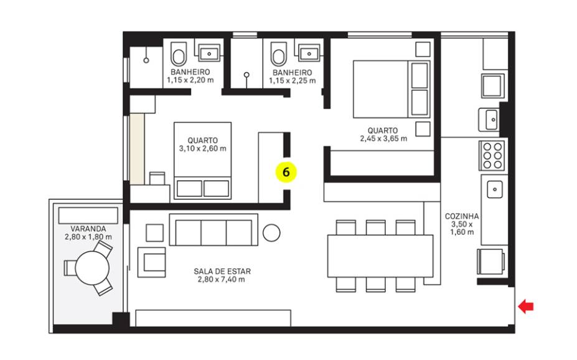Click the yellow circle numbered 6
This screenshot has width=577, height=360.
coord(286,172)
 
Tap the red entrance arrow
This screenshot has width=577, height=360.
coord(525,306)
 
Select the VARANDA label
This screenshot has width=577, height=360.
coord(88,229)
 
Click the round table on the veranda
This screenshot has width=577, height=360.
coord(92,268)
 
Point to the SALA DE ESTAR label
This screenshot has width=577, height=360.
coord(222,272)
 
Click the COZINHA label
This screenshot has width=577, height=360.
coord(462,216)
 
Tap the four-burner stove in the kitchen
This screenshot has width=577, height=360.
coord(492,155)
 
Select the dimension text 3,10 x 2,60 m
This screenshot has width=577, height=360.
coord(203,148)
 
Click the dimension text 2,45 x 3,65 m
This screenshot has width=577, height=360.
coord(383,138)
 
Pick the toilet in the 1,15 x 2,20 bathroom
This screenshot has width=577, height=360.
coord(179,54)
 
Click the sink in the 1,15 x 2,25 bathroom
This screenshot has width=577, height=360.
coord(309,54)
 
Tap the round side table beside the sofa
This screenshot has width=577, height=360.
coord(271,233)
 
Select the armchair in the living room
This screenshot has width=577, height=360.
coord(152,262)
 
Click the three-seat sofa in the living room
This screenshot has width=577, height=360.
coord(213,230)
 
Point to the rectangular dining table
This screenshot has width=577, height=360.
coord(380,256)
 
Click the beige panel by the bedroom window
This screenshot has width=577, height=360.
coord(137,149)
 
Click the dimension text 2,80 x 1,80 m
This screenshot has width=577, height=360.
coord(88,237)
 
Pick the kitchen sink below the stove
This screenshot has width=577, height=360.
coord(495,189)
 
